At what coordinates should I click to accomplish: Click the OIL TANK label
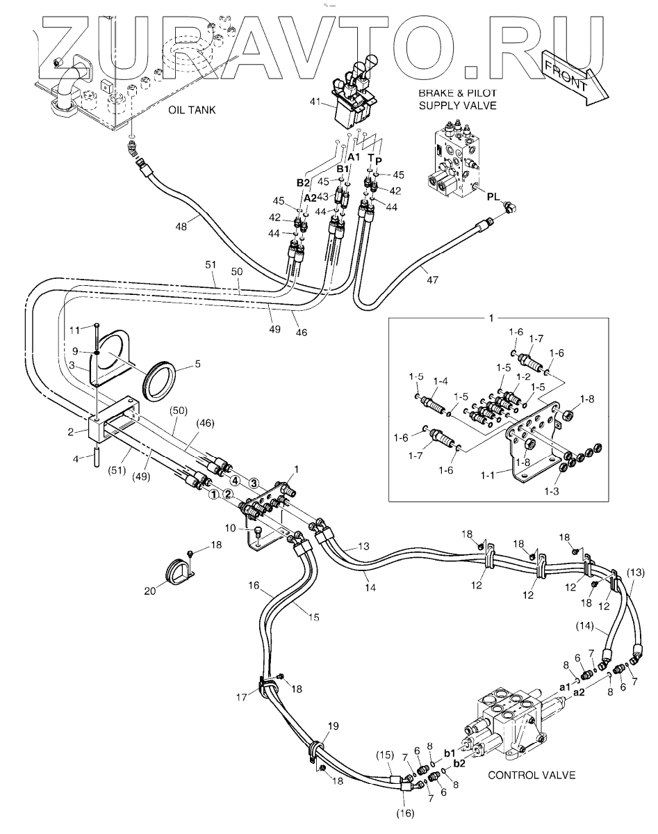192,110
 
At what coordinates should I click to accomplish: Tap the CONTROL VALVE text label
532,775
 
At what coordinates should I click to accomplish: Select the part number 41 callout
315,101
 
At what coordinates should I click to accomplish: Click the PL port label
494,197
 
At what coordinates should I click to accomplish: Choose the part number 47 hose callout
433,279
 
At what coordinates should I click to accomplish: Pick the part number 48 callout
181,226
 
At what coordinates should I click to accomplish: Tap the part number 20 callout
150,591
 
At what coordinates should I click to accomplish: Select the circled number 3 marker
254,483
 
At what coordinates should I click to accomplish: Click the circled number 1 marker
213,495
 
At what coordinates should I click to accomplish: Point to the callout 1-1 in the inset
488,475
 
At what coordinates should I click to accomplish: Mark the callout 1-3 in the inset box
552,491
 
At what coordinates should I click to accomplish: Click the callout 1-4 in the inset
441,381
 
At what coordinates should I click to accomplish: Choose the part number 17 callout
242,697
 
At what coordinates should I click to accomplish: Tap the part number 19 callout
333,726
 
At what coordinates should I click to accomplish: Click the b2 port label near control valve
460,763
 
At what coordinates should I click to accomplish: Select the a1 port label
564,687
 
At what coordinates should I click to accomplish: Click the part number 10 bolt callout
230,528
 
